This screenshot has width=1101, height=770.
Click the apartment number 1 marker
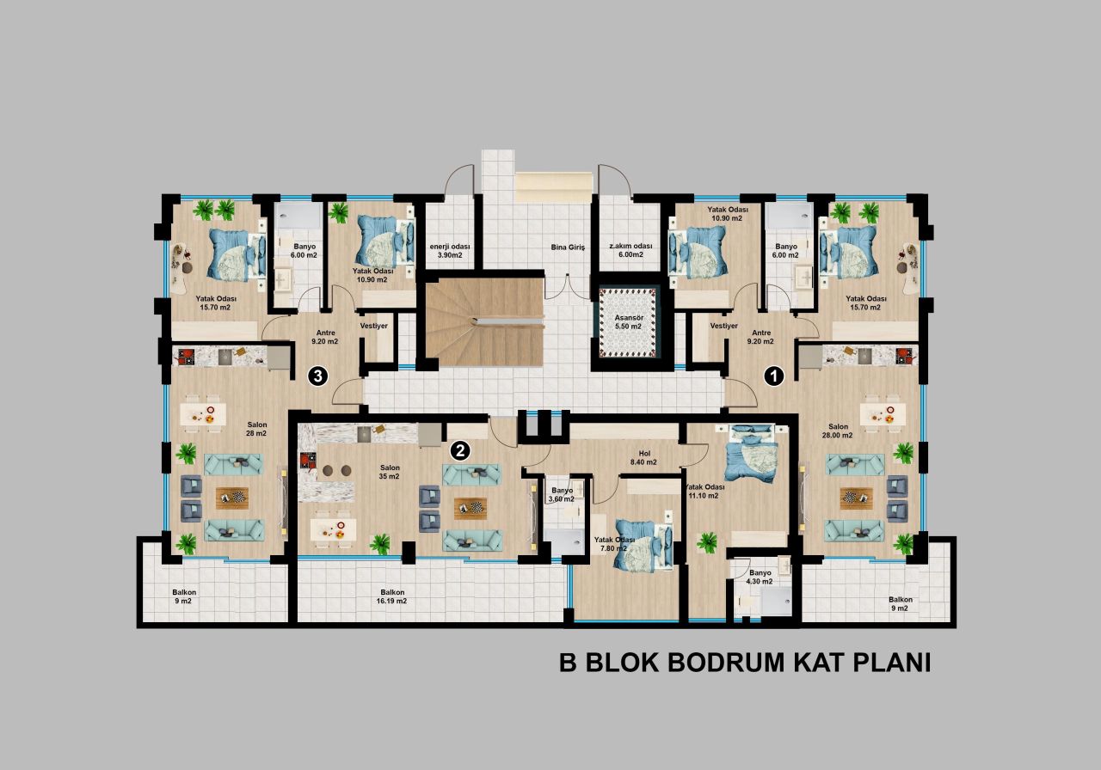[774, 375]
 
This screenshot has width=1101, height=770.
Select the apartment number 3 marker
[318, 376]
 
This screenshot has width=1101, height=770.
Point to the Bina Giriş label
[568, 247]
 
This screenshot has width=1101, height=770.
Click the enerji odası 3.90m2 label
[446, 250]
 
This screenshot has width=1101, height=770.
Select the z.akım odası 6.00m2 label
[631, 250]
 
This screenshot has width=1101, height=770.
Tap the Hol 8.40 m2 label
[643, 456]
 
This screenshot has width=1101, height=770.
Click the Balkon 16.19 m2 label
[392, 596]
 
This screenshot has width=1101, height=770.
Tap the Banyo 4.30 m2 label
[760, 577]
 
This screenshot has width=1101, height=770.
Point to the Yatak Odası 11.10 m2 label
[704, 491]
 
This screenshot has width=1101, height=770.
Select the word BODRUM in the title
[723, 663]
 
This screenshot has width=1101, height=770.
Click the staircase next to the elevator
[484, 321]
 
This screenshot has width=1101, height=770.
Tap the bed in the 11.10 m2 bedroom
[750, 454]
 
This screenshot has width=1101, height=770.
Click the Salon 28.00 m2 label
[838, 431]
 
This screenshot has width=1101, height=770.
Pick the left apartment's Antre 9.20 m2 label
[325, 336]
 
